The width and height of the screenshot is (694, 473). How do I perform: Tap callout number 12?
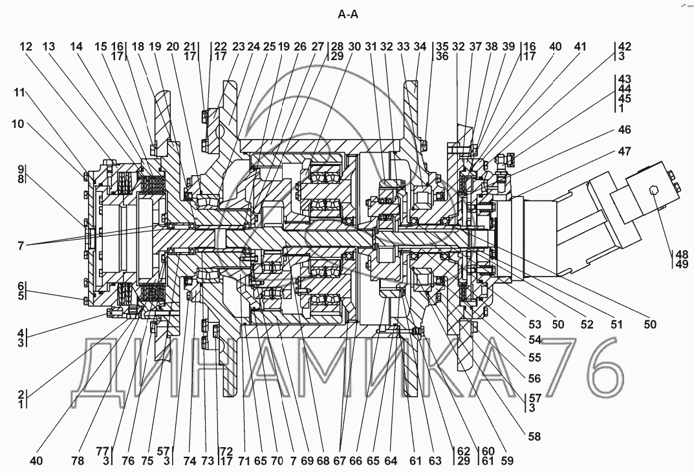click(25, 47)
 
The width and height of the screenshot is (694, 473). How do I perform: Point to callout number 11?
click(19, 92)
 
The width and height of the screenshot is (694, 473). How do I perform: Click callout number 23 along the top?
click(239, 47)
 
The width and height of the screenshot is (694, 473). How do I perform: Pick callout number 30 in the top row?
click(354, 47)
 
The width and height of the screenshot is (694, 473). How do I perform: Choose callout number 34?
click(420, 47)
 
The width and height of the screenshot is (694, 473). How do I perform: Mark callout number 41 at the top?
click(580, 47)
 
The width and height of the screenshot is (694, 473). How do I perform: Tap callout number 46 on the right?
click(624, 130)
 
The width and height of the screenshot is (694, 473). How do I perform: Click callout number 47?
click(624, 151)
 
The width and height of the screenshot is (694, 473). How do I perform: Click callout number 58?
click(534, 436)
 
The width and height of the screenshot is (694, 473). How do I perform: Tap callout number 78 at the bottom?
click(78, 461)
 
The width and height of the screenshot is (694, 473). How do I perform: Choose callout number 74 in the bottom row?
click(190, 461)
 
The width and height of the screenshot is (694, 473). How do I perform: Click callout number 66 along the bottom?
click(356, 461)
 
